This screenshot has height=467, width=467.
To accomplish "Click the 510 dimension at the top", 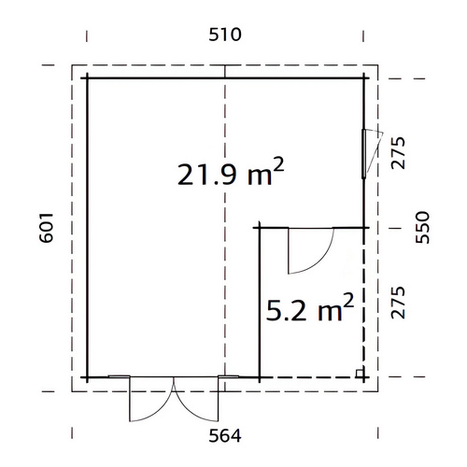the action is pyautogui.click(x=225, y=35).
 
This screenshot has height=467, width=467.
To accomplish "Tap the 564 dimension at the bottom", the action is pyautogui.click(x=225, y=435).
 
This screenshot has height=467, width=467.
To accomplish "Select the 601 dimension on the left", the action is pyautogui.click(x=47, y=228).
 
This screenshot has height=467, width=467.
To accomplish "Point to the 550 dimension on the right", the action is pyautogui.click(x=422, y=227).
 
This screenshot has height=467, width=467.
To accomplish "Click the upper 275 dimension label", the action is pyautogui.click(x=398, y=153).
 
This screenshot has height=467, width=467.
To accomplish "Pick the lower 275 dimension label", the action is pyautogui.click(x=398, y=303).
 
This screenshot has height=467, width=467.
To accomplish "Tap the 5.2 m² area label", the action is pyautogui.click(x=310, y=308).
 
